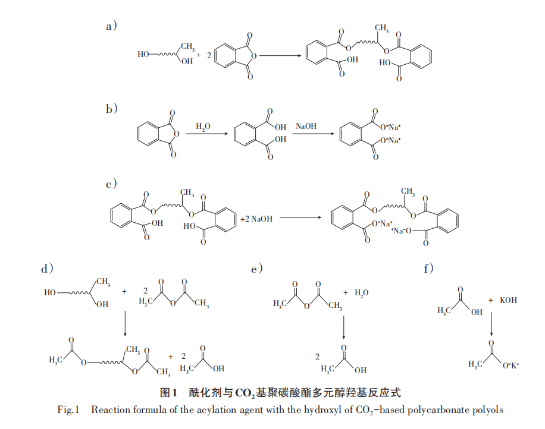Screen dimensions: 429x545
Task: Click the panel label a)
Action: click(x=111, y=26)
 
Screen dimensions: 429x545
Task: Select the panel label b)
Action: click(x=111, y=108)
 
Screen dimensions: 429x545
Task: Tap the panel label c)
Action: click(x=111, y=184)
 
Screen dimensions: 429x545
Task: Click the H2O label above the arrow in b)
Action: click(x=203, y=127)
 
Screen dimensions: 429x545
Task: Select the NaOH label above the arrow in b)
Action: click(x=307, y=127)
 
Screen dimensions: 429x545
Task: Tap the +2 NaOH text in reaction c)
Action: click(x=256, y=219)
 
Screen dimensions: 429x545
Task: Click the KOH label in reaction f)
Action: click(x=508, y=301)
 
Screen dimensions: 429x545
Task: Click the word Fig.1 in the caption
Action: click(x=68, y=409)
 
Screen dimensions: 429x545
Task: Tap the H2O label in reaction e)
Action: click(x=362, y=294)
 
